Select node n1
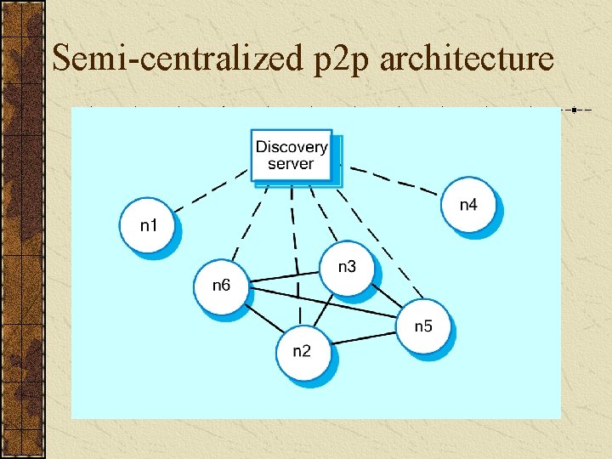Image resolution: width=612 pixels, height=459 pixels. pyautogui.click(x=149, y=225)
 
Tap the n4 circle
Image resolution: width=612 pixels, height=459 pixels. pyautogui.click(x=468, y=205)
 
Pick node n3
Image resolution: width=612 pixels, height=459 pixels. pyautogui.click(x=347, y=268)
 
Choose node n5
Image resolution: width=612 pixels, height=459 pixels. pyautogui.click(x=423, y=326)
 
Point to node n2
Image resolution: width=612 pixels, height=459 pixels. pyautogui.click(x=302, y=352)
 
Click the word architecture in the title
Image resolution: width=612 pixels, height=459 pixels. pyautogui.click(x=468, y=59)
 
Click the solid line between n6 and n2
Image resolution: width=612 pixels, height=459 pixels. pyautogui.click(x=263, y=319)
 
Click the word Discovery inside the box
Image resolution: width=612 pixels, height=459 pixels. pyautogui.click(x=292, y=147)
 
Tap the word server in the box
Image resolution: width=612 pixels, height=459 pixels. pyautogui.click(x=291, y=164)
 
